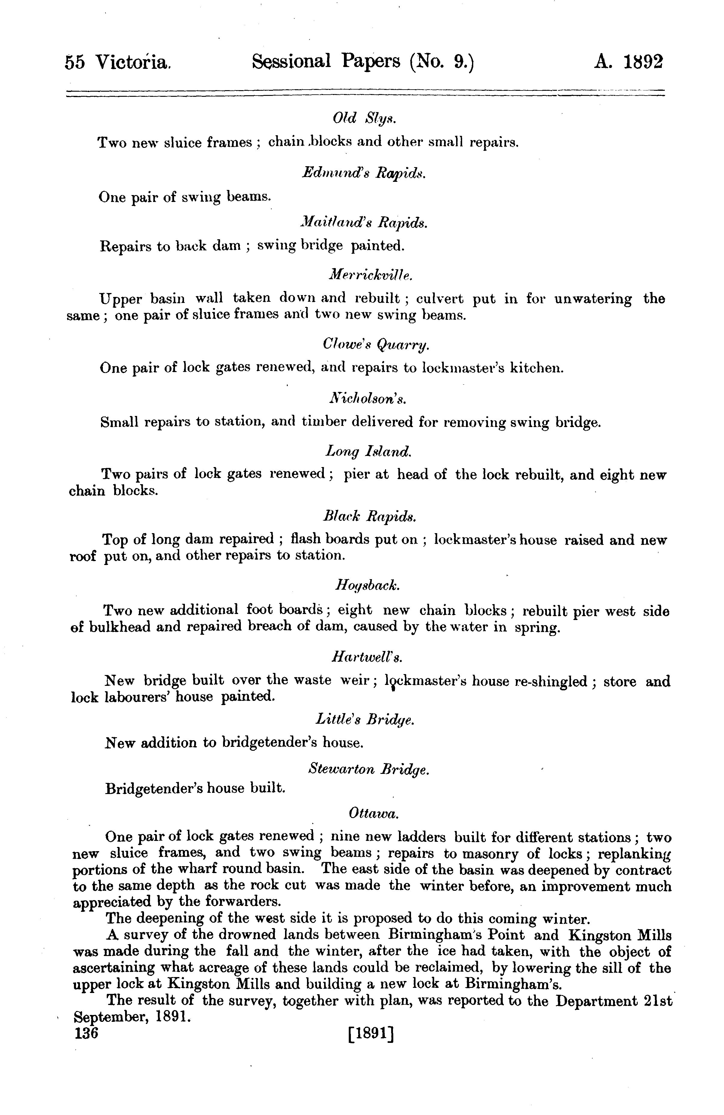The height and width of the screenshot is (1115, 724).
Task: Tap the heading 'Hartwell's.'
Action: [x=367, y=657]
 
